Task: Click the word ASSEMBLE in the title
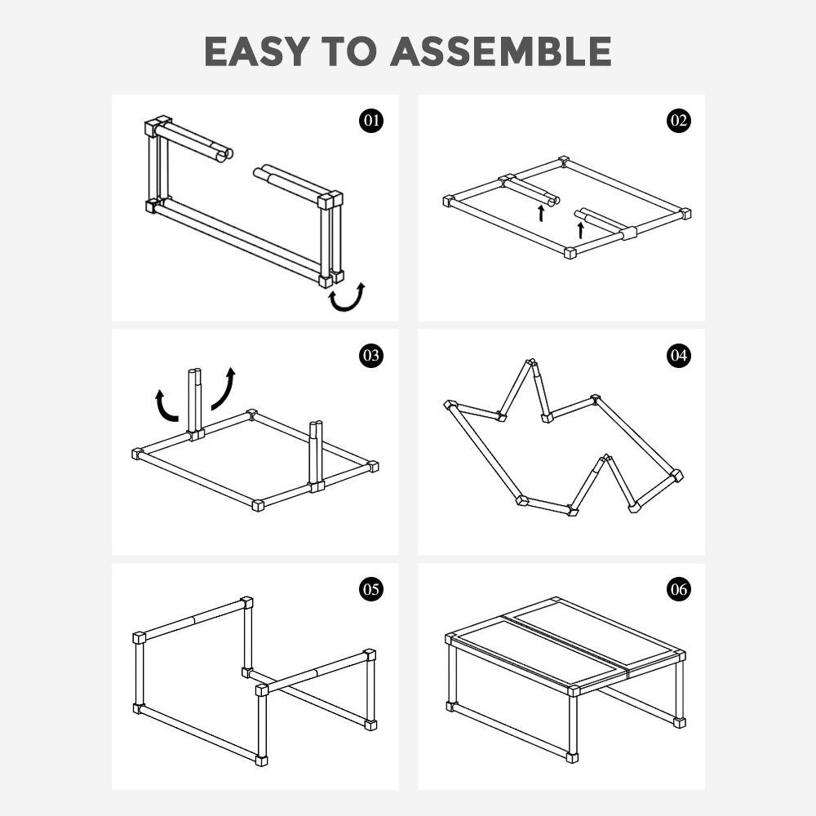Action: tap(500, 52)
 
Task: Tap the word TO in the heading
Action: tap(353, 52)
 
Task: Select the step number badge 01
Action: tap(371, 121)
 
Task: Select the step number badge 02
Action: tap(678, 121)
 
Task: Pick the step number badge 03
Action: tap(371, 355)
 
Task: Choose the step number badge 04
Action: tap(678, 355)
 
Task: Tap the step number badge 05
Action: tap(371, 589)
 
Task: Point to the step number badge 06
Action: tap(678, 589)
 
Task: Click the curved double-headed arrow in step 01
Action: tap(347, 299)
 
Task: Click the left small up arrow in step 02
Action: tap(541, 214)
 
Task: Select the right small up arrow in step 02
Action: tap(580, 229)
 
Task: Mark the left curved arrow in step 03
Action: tap(166, 406)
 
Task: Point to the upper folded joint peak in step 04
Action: tap(531, 363)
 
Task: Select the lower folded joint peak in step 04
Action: tap(605, 459)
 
